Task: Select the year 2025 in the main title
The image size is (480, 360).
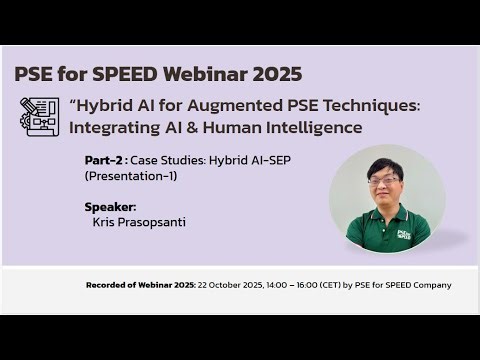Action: pos(278,75)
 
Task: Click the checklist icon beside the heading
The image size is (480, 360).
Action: pos(39,117)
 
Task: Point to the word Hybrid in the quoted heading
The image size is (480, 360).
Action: pos(103,105)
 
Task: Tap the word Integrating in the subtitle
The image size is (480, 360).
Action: pos(112,128)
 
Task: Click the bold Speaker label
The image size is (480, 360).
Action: pos(110,207)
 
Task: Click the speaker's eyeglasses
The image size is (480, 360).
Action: pos(383,181)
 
